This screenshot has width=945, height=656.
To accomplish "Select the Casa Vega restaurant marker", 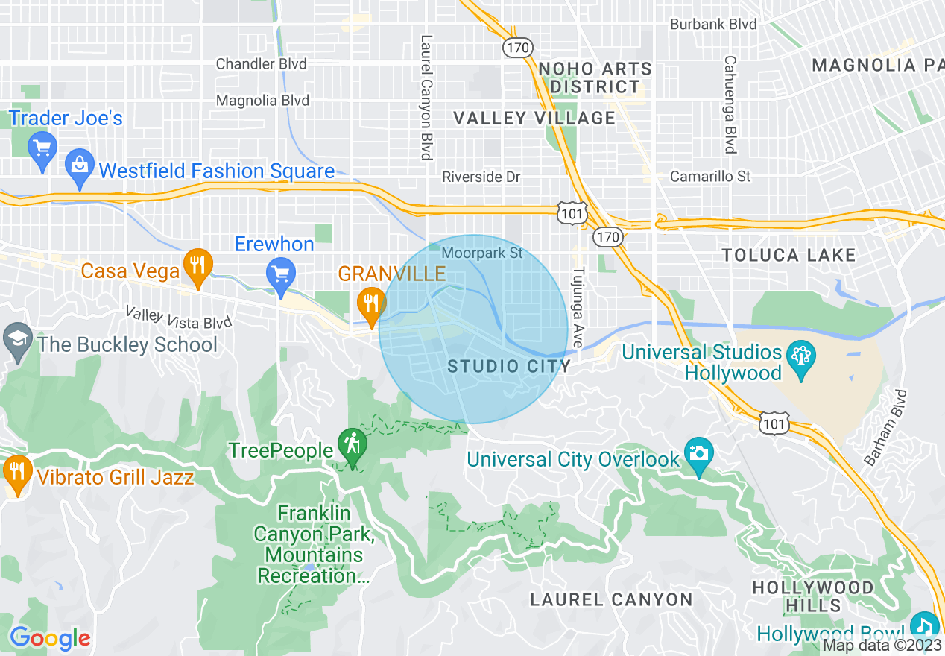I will (197, 268).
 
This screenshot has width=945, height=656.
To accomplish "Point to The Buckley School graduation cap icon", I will (17, 341).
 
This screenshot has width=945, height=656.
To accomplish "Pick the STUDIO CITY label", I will (509, 366).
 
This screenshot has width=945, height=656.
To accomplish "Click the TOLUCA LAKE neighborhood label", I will (788, 256).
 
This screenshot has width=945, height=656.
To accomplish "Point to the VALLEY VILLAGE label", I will (534, 118).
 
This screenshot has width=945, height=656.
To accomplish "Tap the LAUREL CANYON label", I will (611, 599).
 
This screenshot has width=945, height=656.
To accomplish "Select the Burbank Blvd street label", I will (713, 25).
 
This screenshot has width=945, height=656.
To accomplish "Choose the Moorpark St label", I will (482, 253).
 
